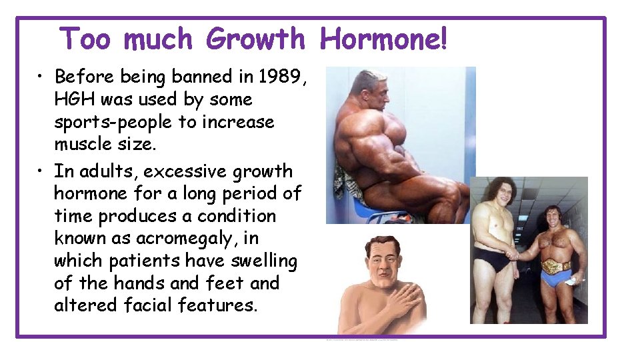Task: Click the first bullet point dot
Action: (x=41, y=77)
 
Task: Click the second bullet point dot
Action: (x=41, y=171)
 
